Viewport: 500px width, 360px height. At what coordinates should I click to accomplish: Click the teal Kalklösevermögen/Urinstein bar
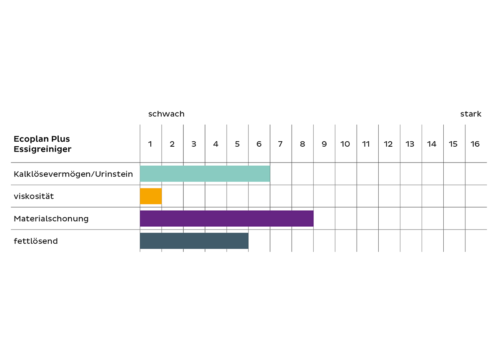coord(205,174)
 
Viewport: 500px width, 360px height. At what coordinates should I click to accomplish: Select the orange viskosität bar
coord(151,196)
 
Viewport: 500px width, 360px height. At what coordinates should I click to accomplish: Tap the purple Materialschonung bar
coord(227,218)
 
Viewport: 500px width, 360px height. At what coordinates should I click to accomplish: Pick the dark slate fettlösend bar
coord(194,241)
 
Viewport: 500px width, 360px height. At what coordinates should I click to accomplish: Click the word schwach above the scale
coord(166,114)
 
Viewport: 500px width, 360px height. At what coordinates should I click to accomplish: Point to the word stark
coord(471,114)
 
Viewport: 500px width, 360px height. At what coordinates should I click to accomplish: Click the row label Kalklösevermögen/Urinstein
coord(73,174)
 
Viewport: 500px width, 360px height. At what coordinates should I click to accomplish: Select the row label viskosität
coord(34,196)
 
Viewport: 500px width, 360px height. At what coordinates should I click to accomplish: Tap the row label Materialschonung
coord(51,219)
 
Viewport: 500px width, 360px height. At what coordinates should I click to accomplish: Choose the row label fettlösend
coord(36,241)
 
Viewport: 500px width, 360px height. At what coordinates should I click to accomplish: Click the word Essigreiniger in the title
coord(42,149)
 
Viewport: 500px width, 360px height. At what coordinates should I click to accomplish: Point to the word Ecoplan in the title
coord(30,139)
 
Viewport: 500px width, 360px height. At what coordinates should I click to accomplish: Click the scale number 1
coord(150,144)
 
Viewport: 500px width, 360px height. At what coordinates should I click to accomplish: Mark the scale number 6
coord(259,144)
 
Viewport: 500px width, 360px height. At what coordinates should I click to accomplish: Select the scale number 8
coord(302,144)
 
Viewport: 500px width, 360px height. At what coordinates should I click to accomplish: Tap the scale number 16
coord(475,144)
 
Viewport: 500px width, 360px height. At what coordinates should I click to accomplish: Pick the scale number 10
coord(345,144)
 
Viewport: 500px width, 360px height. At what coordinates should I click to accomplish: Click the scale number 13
coord(410,144)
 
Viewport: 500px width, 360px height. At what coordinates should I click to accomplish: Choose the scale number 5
coord(237,144)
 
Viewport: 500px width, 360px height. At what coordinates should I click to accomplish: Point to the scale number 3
coord(194,144)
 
